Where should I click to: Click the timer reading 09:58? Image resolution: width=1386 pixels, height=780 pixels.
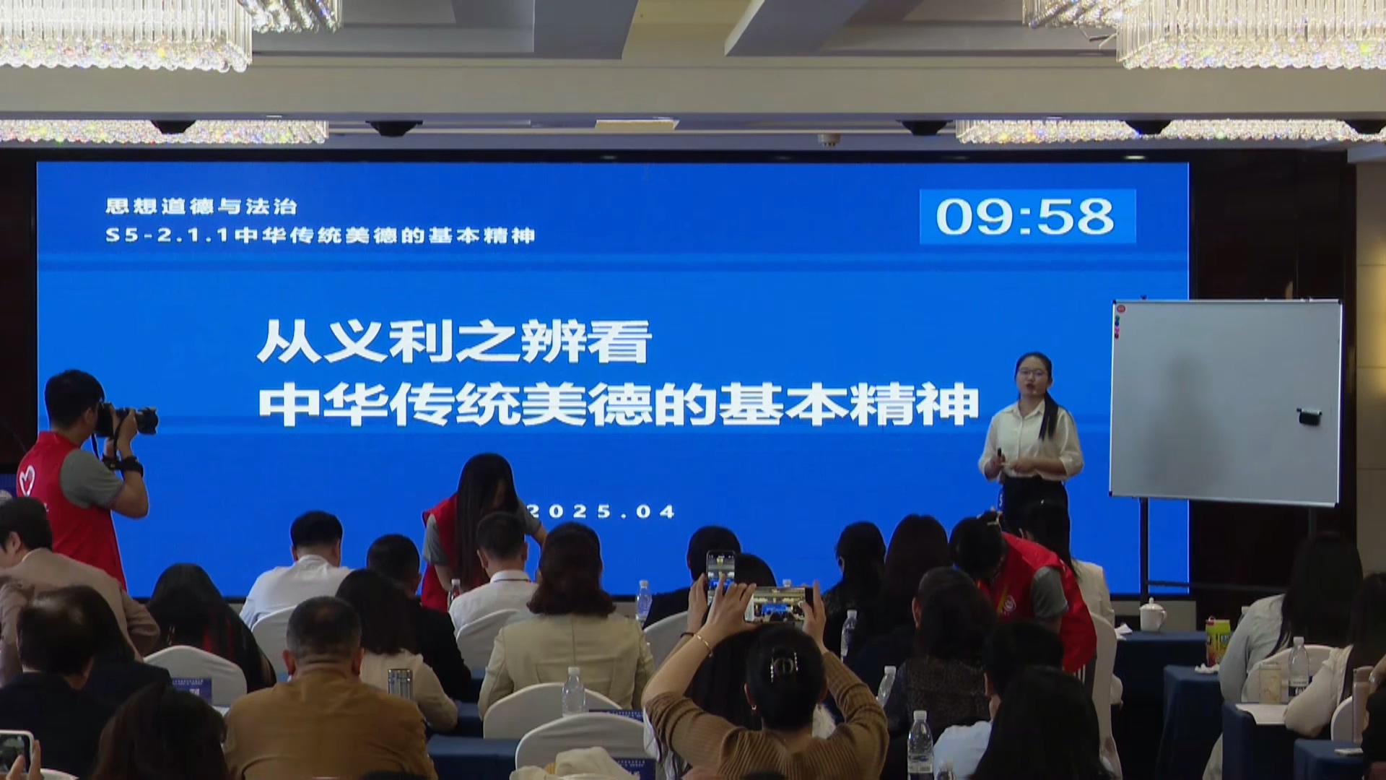tap(1026, 217)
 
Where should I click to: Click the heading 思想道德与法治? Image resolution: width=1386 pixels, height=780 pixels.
tap(201, 207)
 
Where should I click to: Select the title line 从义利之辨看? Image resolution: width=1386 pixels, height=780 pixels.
tap(454, 341)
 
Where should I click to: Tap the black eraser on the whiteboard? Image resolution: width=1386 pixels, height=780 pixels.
tap(1309, 416)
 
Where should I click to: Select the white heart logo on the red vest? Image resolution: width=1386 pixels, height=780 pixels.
tap(27, 476)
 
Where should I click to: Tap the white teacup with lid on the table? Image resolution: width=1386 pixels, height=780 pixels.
tap(1153, 615)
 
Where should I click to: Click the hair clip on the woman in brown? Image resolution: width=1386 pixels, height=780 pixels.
tap(782, 664)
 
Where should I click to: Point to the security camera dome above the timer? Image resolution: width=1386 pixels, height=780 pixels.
tap(924, 128)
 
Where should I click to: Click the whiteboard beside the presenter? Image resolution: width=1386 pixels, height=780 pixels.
tap(1226, 402)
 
